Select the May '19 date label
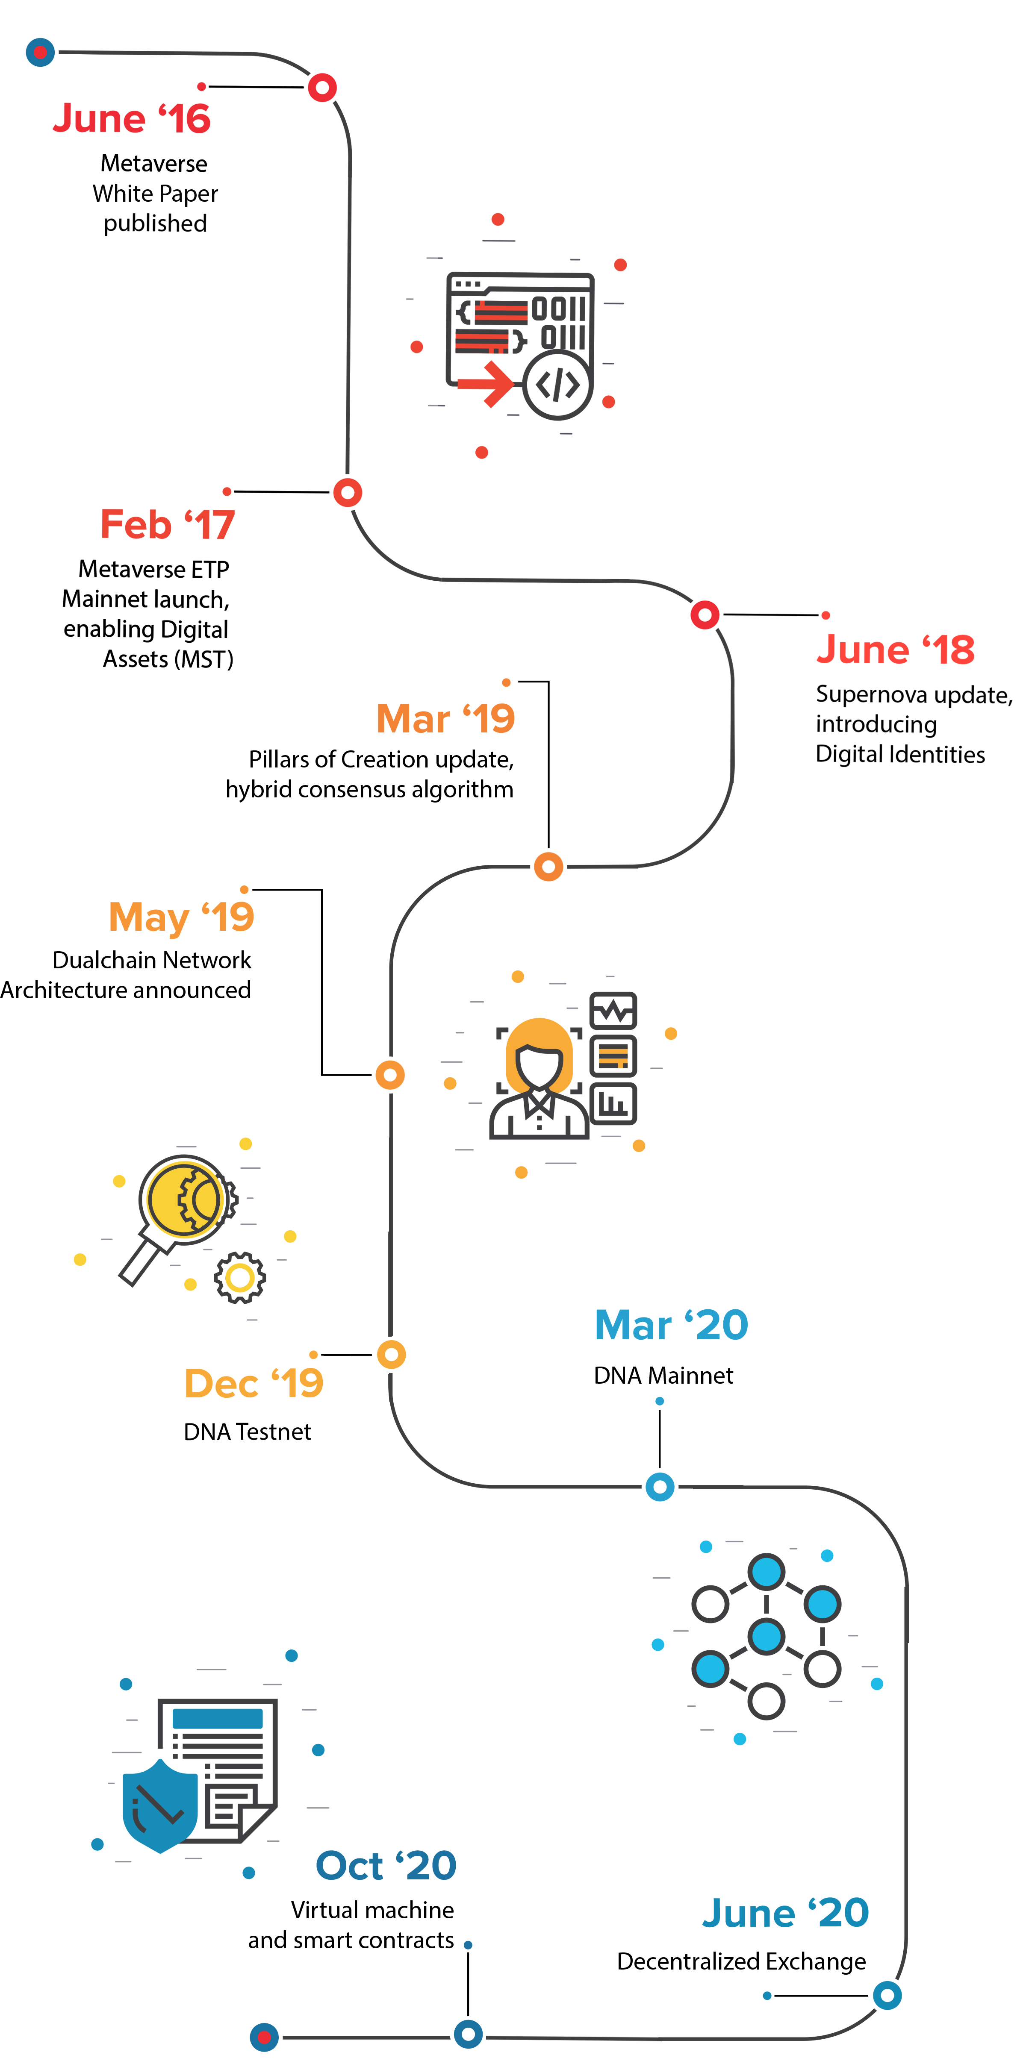coord(181,917)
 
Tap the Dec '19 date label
coord(254,1383)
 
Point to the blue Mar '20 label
coord(670,1326)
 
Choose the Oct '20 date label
coord(386,1866)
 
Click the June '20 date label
coord(785,1913)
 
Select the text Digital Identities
coord(899,755)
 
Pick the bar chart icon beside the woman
coord(613,1104)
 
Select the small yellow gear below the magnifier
coord(239,1278)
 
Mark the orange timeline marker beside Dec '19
coord(390,1355)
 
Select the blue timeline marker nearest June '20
coord(887,1995)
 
